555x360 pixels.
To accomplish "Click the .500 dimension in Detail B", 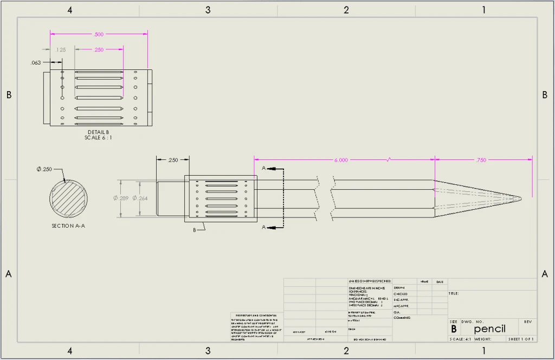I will coord(99,35).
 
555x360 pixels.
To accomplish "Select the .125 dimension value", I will coord(61,50).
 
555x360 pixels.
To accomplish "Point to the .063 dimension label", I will coord(36,62).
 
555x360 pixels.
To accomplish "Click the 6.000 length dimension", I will coord(341,160).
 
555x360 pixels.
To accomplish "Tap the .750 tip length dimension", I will coord(480,160).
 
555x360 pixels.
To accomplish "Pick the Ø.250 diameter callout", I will coord(44,170).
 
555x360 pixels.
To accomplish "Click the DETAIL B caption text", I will coord(98,132).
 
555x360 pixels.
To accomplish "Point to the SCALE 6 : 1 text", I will coord(98,138).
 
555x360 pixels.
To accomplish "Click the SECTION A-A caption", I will coord(68,226).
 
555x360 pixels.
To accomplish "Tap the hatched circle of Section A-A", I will coord(68,199).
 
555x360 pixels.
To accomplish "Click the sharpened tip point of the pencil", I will coord(521,198).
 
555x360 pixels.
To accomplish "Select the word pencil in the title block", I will coord(489,329).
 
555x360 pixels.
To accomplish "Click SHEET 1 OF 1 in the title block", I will coord(520,339).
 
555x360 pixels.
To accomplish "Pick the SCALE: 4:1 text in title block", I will coord(461,339).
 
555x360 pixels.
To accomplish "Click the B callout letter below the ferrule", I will coord(195,230).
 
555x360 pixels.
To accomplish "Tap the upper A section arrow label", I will coord(263,169).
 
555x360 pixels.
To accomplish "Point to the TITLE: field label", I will coord(454,293).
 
